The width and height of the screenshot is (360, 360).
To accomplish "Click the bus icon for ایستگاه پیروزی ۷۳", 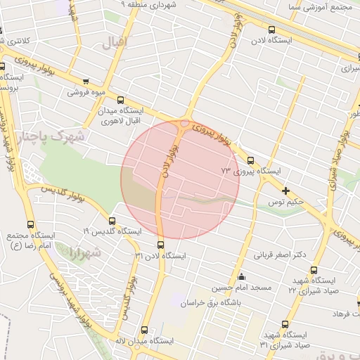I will coord(251,160).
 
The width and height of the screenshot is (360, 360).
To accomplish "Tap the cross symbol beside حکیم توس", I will coord(285,191).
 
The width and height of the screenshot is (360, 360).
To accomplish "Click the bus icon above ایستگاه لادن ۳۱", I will coord(161,245).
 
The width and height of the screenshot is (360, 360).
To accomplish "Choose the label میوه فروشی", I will coord(86,92).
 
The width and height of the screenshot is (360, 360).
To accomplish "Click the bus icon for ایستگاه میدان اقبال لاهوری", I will coord(121,100).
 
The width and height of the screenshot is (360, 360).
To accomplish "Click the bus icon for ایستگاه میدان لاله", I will coord(144,329).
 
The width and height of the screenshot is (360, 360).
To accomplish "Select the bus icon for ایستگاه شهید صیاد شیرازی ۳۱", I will coord(285,324).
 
